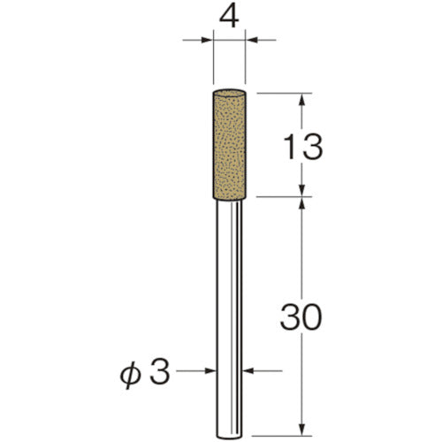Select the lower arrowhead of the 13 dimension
tap(302, 190)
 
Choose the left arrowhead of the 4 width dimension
tap(209, 39)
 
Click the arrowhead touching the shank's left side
tap(215, 372)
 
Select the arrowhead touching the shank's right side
tap(248, 372)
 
